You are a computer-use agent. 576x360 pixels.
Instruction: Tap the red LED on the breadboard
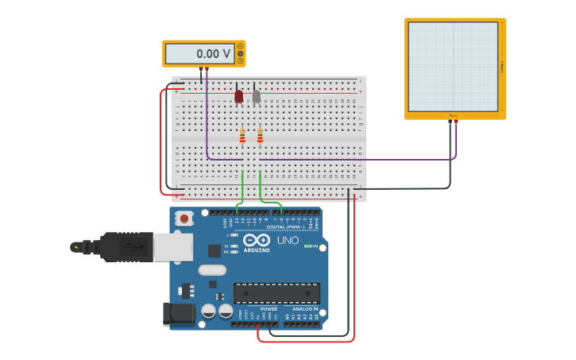click(238, 96)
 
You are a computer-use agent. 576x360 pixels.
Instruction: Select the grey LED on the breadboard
click(256, 96)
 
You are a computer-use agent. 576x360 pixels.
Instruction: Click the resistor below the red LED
click(242, 136)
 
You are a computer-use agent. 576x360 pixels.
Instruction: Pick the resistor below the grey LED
click(260, 136)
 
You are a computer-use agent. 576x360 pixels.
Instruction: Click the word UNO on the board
click(288, 240)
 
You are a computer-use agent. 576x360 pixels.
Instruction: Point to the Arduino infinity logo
click(257, 240)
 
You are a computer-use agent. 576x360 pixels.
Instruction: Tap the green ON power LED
click(307, 246)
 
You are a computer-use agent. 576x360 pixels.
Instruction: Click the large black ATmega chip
click(276, 292)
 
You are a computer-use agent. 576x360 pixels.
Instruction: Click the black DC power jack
click(179, 313)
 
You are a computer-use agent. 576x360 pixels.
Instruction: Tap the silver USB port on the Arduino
click(172, 247)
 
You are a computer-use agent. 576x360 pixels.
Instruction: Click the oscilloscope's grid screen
click(453, 67)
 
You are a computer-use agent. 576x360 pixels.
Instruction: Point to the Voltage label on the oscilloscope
click(502, 68)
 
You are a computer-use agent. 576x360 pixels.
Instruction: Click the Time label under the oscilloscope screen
click(453, 116)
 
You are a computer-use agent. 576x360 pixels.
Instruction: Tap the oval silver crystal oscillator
click(212, 270)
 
